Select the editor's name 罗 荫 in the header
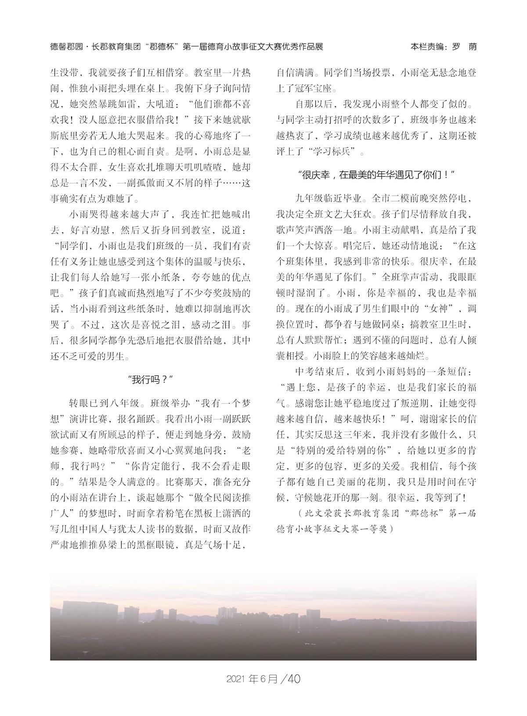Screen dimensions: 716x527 pyautogui.click(x=462, y=46)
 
